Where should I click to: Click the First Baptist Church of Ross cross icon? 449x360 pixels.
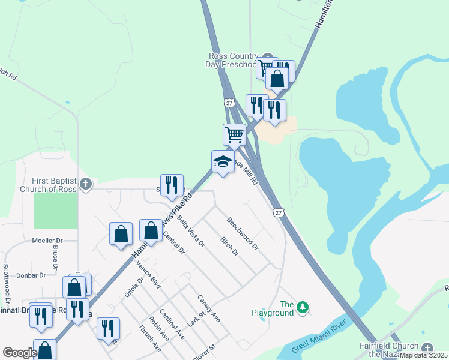pos(86,184)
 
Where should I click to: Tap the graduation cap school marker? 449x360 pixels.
pos(223,161)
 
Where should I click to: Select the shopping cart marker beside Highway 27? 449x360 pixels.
pos(234,134)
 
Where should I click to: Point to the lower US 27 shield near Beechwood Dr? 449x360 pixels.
pos(277,212)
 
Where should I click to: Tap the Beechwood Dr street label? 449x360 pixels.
pos(243,233)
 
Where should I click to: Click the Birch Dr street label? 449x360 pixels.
pos(229,247)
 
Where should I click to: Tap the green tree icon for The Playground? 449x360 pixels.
pos(304,308)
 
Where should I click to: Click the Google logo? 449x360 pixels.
pos(19,353)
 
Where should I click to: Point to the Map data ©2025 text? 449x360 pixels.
pos(423,355)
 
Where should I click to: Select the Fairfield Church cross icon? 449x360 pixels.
pos(427,348)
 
